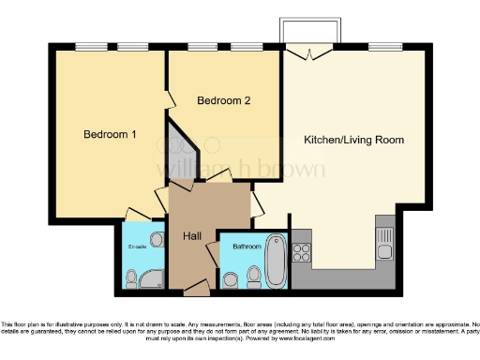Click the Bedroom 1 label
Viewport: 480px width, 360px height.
tap(110, 134)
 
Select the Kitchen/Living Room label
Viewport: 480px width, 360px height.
tap(353, 140)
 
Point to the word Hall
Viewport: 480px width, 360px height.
tap(193, 234)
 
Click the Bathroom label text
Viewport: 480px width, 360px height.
tap(247, 247)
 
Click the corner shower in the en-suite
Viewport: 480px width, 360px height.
tap(130, 277)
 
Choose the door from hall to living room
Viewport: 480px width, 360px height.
tap(255, 204)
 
